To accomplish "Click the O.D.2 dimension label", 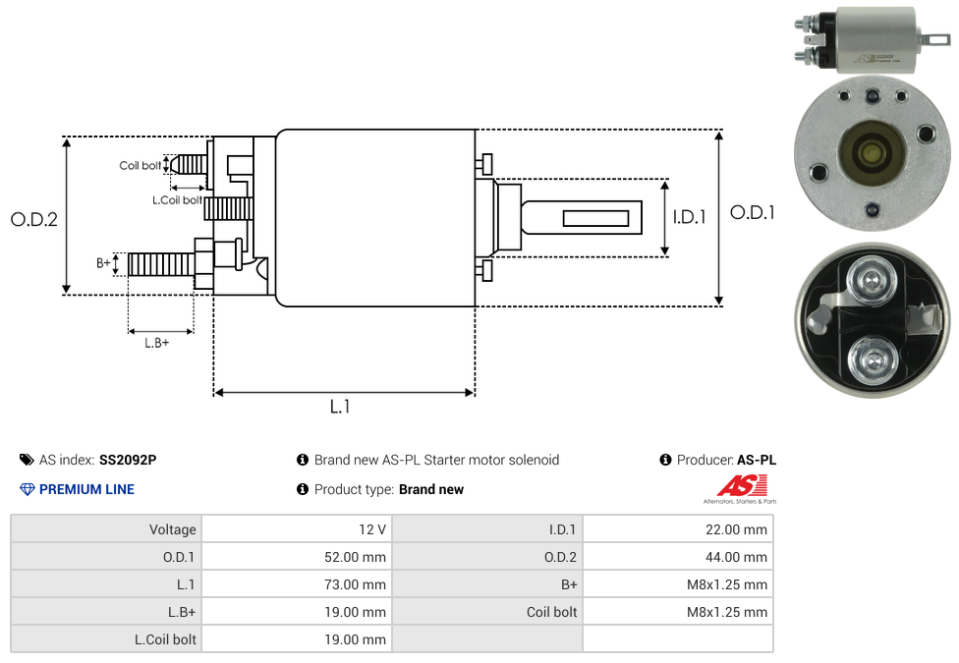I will (x=34, y=219).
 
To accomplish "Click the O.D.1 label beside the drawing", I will (x=753, y=212).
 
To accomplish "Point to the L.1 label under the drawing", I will (x=340, y=407).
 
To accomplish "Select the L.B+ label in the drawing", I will (x=157, y=343).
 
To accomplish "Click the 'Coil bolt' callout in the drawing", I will (x=141, y=166).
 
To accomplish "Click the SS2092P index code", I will (x=128, y=460).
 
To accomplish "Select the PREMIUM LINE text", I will (x=86, y=489).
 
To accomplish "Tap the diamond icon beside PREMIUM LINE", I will (x=28, y=489).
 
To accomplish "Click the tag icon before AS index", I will (x=27, y=460).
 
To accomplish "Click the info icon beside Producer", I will (x=666, y=460).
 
